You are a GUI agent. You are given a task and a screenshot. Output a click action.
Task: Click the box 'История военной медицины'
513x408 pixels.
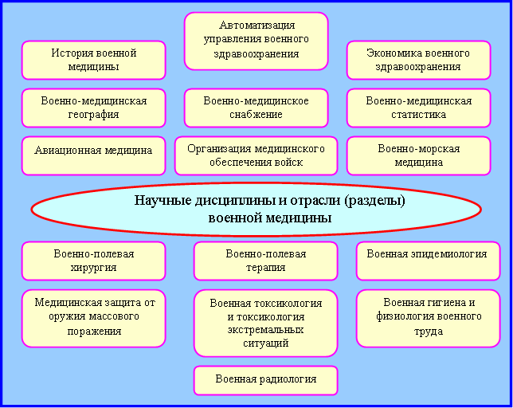click(93, 61)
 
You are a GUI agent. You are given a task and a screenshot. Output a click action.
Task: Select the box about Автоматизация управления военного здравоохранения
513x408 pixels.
click(256, 41)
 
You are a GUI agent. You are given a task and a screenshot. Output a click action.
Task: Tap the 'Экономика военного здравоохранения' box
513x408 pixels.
click(418, 61)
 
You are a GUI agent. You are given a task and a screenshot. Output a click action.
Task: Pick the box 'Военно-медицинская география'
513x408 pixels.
click(93, 108)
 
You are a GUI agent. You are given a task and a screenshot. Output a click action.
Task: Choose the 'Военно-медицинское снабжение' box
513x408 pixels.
click(256, 108)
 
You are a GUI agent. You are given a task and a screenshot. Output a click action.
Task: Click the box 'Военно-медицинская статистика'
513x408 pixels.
click(418, 108)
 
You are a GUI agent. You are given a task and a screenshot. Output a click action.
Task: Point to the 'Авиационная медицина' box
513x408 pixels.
click(93, 155)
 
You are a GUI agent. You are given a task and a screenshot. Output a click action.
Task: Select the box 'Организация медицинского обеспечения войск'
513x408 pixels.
click(256, 155)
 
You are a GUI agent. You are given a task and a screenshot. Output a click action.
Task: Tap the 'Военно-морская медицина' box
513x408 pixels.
click(418, 155)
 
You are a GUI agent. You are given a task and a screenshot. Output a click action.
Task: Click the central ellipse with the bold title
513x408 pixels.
click(256, 209)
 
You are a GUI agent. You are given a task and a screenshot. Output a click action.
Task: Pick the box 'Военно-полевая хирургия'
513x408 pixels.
click(93, 261)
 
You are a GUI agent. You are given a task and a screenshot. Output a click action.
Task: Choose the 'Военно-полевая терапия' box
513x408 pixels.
click(266, 261)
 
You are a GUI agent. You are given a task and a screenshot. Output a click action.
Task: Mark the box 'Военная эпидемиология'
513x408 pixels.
click(429, 261)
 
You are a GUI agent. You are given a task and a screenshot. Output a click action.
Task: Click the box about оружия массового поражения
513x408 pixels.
click(93, 318)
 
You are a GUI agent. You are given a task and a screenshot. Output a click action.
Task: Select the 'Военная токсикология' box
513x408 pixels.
click(266, 324)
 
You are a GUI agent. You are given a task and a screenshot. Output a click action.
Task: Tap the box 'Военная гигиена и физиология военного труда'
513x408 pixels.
click(429, 318)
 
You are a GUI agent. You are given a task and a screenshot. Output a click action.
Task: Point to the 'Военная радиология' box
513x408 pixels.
click(266, 381)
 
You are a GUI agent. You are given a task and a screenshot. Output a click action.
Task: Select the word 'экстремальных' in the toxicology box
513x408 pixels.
click(266, 329)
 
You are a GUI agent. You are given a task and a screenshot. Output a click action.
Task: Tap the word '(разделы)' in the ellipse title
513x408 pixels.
click(374, 201)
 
